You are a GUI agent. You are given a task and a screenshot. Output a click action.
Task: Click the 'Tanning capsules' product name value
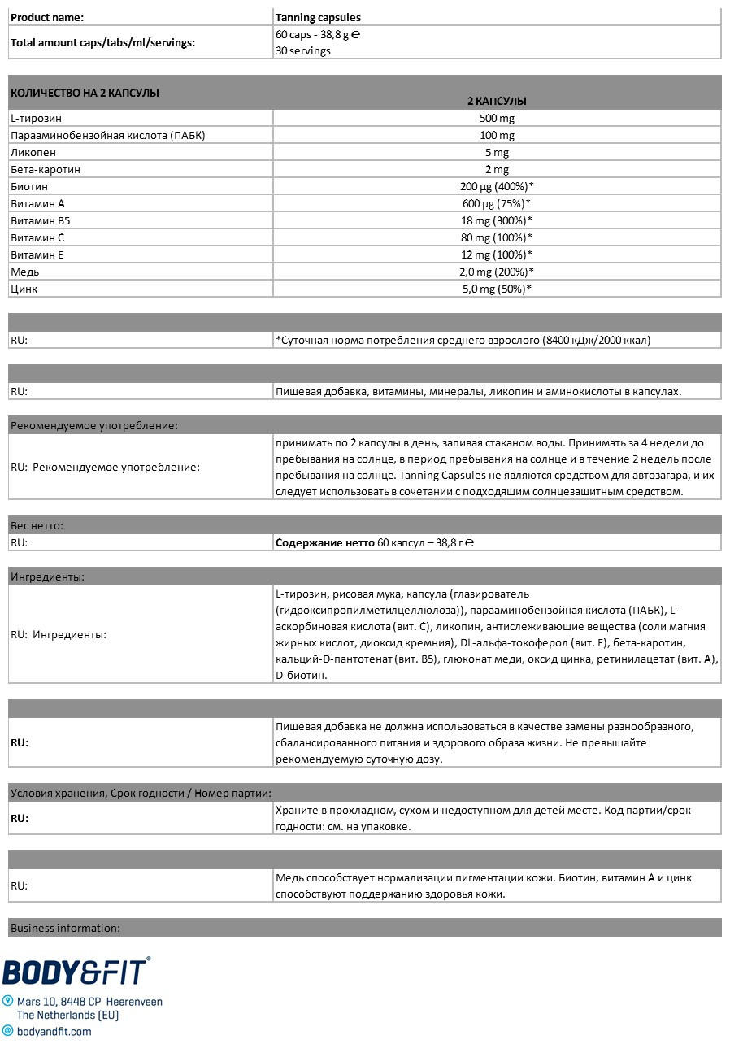click(318, 17)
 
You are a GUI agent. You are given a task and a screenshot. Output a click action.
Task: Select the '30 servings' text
click(302, 50)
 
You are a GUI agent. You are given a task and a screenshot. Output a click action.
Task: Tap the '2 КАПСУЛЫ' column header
click(496, 101)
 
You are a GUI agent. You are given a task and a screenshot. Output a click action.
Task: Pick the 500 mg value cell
click(496, 118)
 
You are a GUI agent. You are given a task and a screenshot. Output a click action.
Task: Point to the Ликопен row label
click(33, 152)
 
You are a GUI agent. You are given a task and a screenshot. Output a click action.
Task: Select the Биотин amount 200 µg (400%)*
click(496, 186)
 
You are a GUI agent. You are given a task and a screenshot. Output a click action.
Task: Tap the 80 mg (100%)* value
click(496, 237)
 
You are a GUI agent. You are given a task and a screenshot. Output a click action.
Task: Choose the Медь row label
click(24, 272)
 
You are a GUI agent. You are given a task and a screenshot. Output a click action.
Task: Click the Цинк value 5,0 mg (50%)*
click(496, 289)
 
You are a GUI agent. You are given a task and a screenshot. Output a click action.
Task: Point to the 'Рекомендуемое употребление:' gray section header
click(93, 425)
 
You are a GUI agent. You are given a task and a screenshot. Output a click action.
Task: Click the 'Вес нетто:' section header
click(37, 525)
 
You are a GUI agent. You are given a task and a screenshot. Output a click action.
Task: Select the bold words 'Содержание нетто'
click(325, 542)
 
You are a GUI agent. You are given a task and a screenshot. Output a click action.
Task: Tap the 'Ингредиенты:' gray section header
click(47, 576)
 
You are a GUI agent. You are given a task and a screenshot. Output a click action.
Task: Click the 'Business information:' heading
click(65, 928)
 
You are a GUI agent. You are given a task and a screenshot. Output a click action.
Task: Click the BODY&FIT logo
click(76, 972)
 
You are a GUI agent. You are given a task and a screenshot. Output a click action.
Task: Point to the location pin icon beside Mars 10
click(8, 1002)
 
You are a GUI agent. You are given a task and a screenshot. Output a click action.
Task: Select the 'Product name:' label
click(46, 17)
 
